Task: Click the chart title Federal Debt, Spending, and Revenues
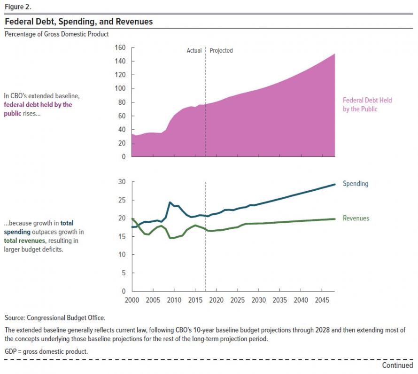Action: tap(78, 22)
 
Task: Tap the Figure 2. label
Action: tap(17, 7)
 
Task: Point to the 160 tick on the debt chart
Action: tap(120, 47)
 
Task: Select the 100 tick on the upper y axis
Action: tap(120, 89)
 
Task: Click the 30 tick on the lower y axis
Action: tap(121, 182)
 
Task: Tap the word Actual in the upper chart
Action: tap(194, 51)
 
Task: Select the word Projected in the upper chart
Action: tap(221, 51)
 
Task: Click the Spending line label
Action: tap(356, 184)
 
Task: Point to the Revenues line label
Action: tap(356, 218)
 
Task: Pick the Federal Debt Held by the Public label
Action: tap(367, 104)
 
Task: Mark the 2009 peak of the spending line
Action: tap(170, 203)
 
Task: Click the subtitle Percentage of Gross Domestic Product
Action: tap(57, 34)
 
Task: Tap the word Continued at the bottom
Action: tap(397, 365)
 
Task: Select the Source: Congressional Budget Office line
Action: tap(55, 318)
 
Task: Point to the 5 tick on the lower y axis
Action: tap(123, 273)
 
